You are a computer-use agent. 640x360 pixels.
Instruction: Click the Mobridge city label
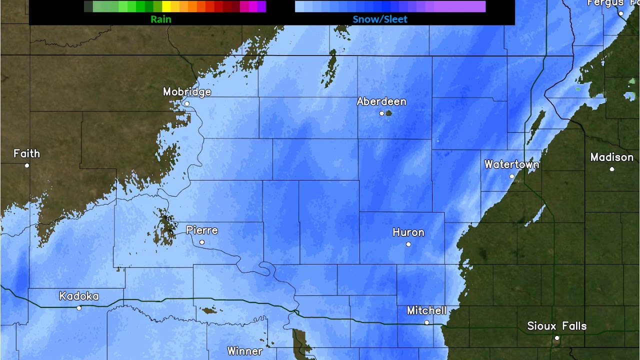(x=187, y=92)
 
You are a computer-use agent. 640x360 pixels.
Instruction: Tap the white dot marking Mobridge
(x=187, y=104)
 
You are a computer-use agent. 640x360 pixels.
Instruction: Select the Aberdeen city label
(x=381, y=101)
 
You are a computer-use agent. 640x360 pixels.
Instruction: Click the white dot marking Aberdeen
(x=382, y=113)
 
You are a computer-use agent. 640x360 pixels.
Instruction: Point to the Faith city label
(x=26, y=153)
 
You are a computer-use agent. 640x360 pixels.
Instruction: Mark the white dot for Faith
(x=27, y=165)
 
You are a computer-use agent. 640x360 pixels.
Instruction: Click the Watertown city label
(x=511, y=164)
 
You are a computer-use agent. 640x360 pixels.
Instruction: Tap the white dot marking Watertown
(x=512, y=176)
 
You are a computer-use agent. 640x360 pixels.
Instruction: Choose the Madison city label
(x=611, y=157)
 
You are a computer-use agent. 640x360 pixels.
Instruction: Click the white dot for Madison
(x=612, y=169)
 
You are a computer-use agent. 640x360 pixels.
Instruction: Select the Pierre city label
(x=202, y=230)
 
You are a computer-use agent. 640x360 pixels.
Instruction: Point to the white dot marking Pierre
(x=202, y=242)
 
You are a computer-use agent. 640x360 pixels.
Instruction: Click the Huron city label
(x=408, y=232)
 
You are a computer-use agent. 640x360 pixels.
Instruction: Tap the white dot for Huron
(x=408, y=244)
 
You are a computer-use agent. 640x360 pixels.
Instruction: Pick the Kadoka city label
(x=79, y=296)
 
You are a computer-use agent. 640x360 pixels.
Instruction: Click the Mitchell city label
(x=426, y=310)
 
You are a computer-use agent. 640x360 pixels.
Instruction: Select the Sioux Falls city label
(x=556, y=326)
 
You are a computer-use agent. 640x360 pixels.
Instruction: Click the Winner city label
(x=244, y=351)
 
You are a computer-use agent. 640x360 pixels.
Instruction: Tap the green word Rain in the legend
(x=161, y=19)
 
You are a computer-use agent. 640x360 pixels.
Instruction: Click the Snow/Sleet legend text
(x=380, y=19)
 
